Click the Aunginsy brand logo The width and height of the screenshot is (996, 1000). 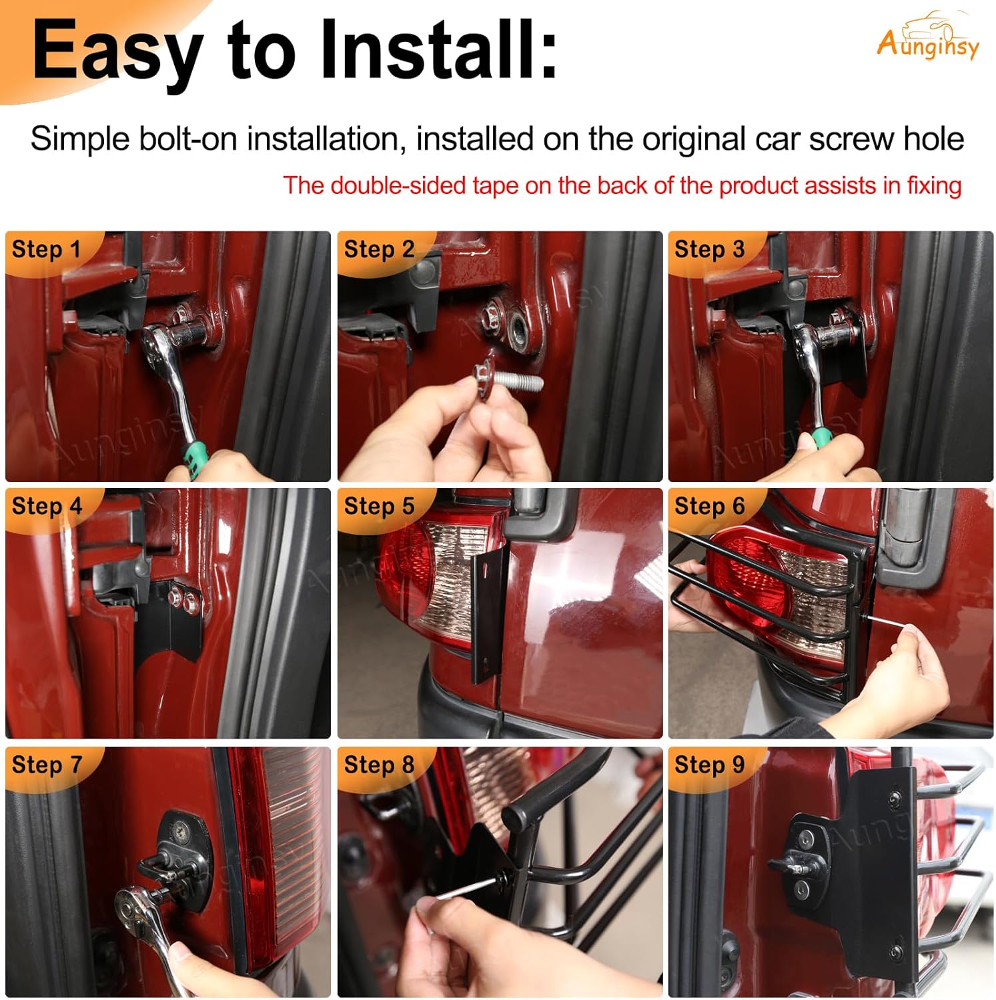928,37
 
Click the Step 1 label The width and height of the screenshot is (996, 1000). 46,249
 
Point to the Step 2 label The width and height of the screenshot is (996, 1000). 379,249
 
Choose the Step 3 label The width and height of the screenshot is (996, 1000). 709,249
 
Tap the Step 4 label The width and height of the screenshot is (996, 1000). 47,506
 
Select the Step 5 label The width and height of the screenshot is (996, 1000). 379,506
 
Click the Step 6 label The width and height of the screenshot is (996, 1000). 709,506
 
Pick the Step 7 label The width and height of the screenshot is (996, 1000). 47,765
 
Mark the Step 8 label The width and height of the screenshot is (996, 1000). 379,765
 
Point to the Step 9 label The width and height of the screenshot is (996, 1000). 709,765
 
